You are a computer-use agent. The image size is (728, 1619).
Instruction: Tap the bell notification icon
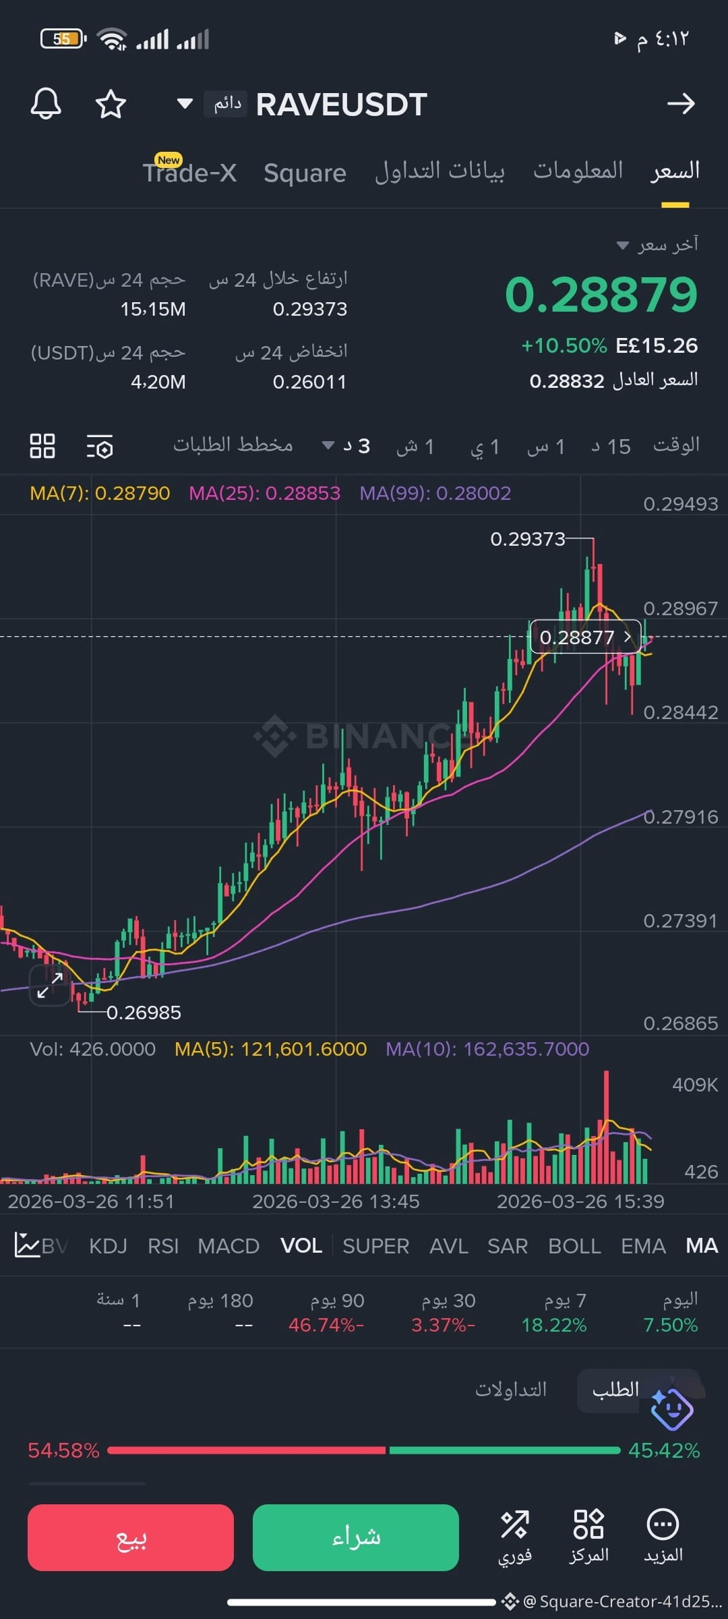click(46, 104)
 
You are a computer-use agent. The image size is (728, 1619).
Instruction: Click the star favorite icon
click(111, 105)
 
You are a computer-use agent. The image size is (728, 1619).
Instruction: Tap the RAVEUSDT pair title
click(342, 105)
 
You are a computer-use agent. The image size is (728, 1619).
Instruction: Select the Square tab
click(305, 173)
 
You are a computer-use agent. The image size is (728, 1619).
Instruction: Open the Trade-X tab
click(189, 172)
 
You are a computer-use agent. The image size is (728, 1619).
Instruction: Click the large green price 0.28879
click(601, 294)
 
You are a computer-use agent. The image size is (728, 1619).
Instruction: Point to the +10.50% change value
click(564, 346)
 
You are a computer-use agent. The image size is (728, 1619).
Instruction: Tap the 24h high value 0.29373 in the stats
click(310, 309)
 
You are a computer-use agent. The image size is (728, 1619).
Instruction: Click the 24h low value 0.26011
click(310, 382)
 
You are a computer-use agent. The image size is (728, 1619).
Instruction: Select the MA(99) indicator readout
click(435, 493)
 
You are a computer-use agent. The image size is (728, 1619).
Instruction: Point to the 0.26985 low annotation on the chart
click(144, 1013)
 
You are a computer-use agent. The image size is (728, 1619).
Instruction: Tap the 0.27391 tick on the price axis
click(681, 921)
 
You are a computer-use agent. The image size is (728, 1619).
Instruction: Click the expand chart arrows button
click(50, 985)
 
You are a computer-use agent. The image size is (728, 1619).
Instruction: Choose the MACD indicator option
click(229, 1246)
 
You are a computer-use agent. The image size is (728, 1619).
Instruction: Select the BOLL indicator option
click(574, 1246)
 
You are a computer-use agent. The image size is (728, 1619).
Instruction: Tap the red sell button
click(131, 1537)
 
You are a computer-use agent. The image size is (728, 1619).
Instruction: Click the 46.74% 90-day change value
click(326, 1325)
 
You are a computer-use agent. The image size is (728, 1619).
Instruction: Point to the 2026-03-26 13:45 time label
click(336, 1201)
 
